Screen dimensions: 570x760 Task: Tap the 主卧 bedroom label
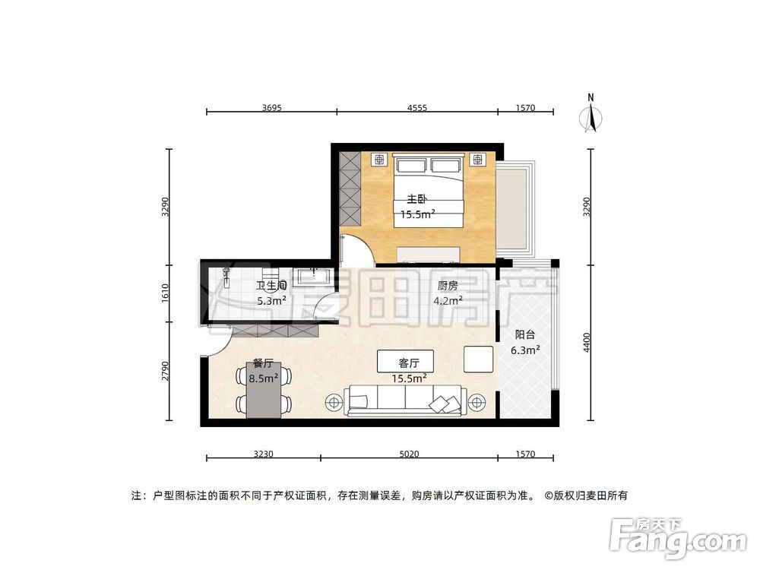pyautogui.click(x=414, y=199)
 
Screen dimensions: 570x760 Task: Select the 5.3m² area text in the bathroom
pyautogui.click(x=271, y=300)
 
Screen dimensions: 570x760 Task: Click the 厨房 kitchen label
pyautogui.click(x=448, y=286)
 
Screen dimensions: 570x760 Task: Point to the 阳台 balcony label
pyautogui.click(x=524, y=334)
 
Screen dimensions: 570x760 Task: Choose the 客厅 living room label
pyautogui.click(x=405, y=361)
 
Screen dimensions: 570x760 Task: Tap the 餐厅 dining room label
pyautogui.click(x=263, y=363)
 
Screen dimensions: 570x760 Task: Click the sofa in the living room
pyautogui.click(x=405, y=400)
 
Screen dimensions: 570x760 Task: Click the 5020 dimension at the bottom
pyautogui.click(x=409, y=454)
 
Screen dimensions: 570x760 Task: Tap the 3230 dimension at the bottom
pyautogui.click(x=262, y=454)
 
